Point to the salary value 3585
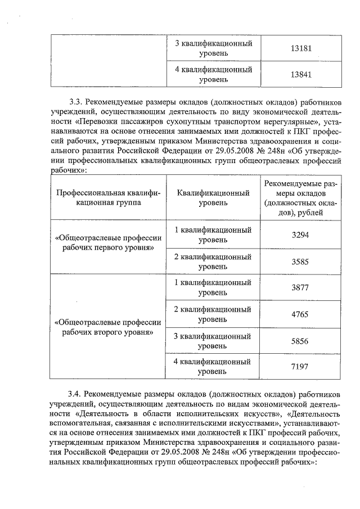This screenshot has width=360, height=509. pyautogui.click(x=300, y=262)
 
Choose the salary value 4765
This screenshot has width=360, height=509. pyautogui.click(x=300, y=314)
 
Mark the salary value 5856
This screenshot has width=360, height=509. pyautogui.click(x=300, y=341)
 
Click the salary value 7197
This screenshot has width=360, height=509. pyautogui.click(x=300, y=367)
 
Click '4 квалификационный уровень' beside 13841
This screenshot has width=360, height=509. pyautogui.click(x=213, y=75)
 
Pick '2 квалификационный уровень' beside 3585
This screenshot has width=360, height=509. pyautogui.click(x=213, y=262)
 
